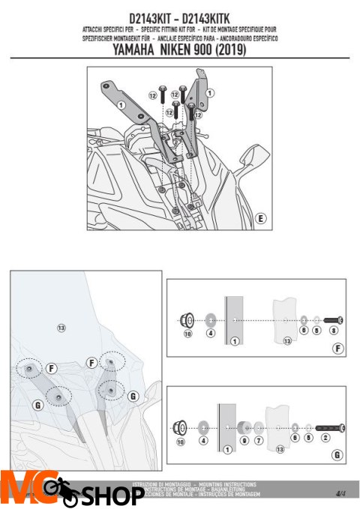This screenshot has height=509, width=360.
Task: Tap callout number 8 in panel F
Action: coord(333,330)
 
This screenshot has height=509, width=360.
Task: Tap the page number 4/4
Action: coord(341,493)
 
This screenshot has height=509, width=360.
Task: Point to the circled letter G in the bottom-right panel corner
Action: coord(337,455)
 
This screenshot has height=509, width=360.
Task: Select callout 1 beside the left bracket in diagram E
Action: coord(120,104)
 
